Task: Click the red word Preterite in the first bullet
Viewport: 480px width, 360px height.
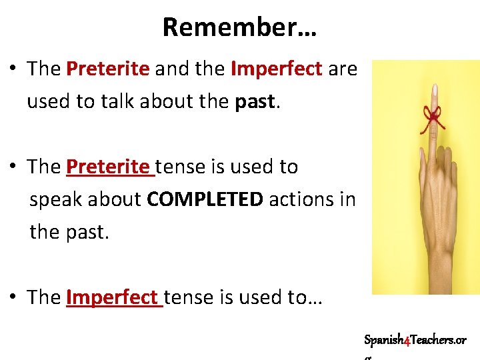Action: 107,69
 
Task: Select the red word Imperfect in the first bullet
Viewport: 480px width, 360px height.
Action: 276,69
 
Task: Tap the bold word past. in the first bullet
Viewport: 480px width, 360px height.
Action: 255,102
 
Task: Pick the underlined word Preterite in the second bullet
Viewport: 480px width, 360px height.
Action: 110,167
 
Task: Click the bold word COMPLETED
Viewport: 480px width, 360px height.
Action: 205,199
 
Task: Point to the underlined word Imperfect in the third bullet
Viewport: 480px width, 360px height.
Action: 114,297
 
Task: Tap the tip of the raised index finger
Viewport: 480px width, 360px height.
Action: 434,89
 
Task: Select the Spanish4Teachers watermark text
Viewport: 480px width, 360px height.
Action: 415,340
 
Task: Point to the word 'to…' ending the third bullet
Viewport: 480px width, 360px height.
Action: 305,297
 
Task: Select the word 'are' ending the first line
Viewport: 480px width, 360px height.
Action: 343,69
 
